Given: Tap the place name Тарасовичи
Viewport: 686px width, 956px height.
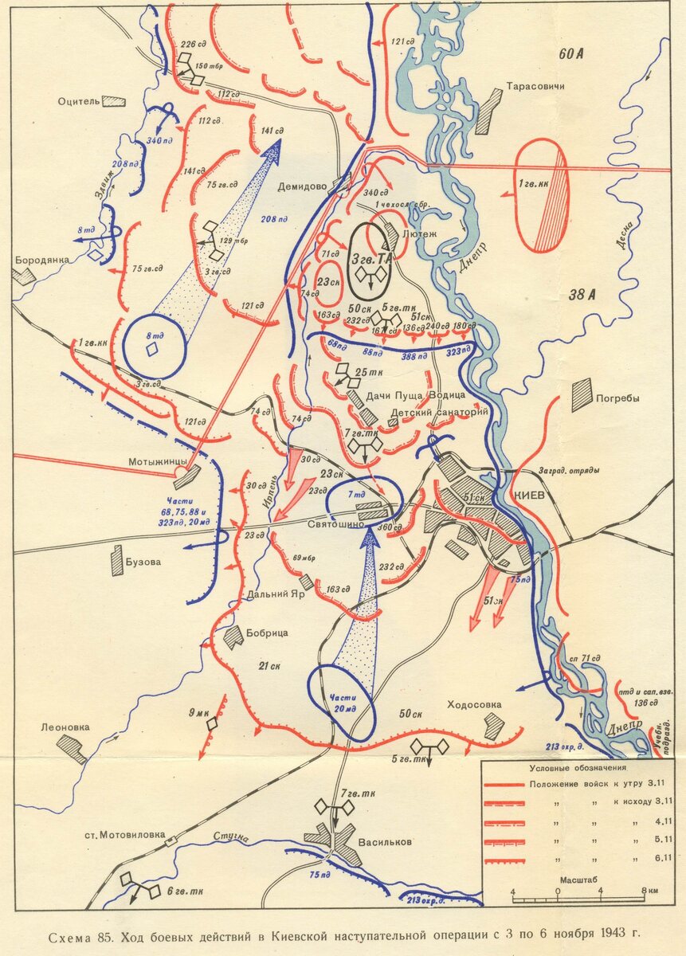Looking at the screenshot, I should pos(535,86).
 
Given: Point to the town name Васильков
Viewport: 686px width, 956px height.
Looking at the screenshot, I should pos(386,842).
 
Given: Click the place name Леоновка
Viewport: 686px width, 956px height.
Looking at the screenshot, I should pos(65,727).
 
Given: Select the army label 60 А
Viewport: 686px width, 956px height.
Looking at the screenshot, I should pos(571,54).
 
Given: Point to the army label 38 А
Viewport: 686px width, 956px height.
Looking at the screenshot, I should pos(582,296).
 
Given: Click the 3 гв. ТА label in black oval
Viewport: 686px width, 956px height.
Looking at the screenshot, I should pos(371,258).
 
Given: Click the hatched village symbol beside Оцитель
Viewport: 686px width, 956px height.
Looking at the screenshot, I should pos(115,102).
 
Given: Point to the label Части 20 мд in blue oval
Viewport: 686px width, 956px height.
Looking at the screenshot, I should pos(341,703).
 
